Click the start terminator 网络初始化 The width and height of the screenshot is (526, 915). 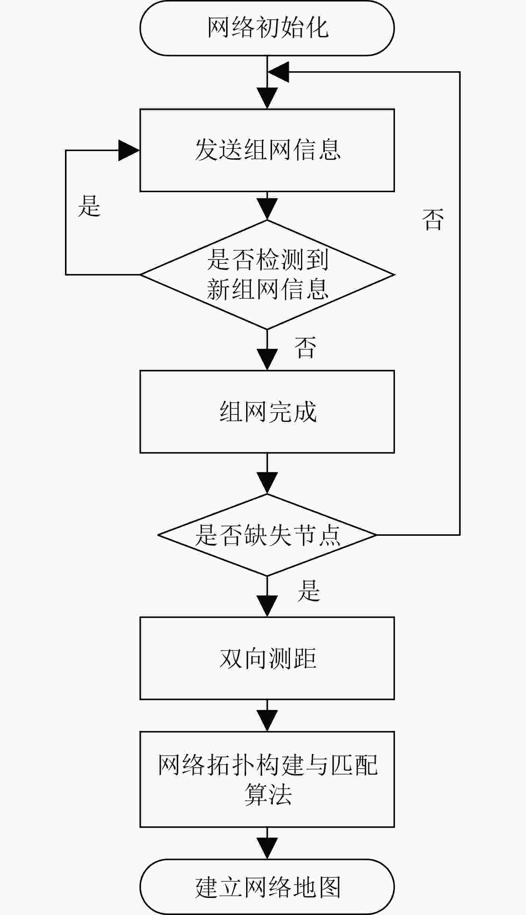pos(267,28)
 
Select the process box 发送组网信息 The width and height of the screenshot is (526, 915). pos(267,150)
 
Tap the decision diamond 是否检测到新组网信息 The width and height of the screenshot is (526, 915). pos(267,275)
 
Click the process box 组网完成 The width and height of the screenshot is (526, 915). pos(267,411)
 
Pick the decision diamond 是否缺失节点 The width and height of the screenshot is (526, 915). pos(267,535)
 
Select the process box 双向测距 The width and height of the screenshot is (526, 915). pos(267,658)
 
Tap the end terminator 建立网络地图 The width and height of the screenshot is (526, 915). pos(267,886)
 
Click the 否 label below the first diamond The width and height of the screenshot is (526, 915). pos(305,347)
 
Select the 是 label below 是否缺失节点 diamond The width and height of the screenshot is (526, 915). pos(309,590)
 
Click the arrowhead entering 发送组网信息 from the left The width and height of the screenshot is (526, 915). pos(129,150)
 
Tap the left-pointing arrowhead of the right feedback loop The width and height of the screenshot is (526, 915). pos(278,72)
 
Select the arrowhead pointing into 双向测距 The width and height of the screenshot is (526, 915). pos(267,606)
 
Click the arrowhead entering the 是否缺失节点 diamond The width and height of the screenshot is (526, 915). pos(267,483)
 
